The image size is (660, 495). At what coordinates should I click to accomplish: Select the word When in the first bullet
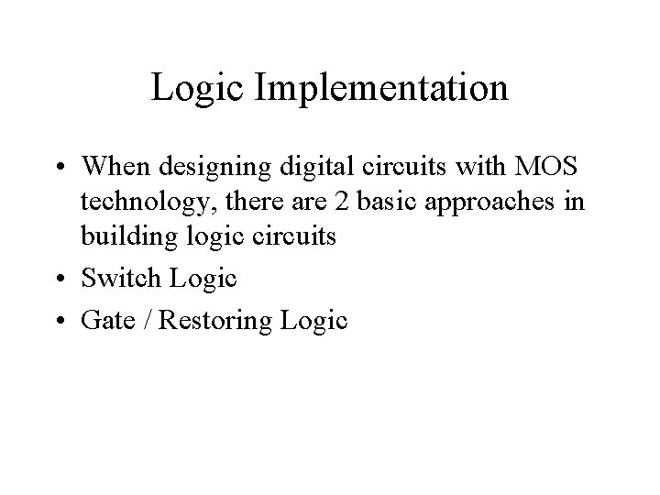pyautogui.click(x=115, y=168)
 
